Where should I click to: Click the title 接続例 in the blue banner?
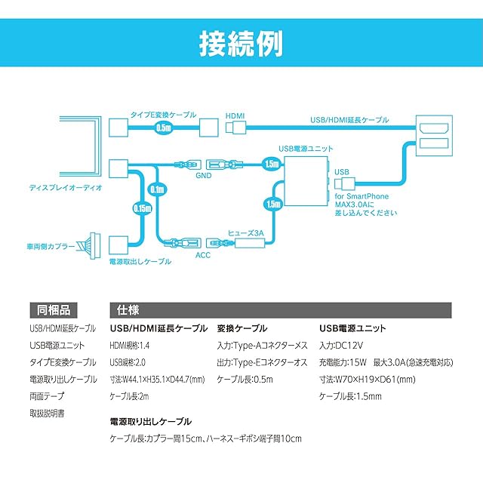click(241, 44)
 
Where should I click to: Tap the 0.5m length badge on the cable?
click(163, 128)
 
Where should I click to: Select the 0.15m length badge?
click(143, 208)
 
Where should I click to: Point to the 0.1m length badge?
click(158, 189)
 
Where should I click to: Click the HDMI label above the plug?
click(235, 116)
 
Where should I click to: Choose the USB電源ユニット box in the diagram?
click(306, 181)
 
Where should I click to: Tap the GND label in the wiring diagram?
click(204, 176)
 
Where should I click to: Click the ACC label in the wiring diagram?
click(203, 255)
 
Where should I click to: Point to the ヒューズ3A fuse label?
click(246, 233)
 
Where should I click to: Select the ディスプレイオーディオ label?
click(66, 188)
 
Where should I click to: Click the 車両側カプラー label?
click(51, 247)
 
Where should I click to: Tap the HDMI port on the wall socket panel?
click(434, 128)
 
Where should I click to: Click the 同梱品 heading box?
click(54, 310)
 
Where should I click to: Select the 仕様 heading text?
click(128, 310)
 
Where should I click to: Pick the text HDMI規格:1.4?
click(130, 346)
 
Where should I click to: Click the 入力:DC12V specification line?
click(341, 346)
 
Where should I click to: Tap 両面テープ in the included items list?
click(47, 396)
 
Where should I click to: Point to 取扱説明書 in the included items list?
click(47, 413)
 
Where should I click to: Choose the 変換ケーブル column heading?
click(242, 328)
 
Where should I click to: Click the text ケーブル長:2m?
click(129, 396)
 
